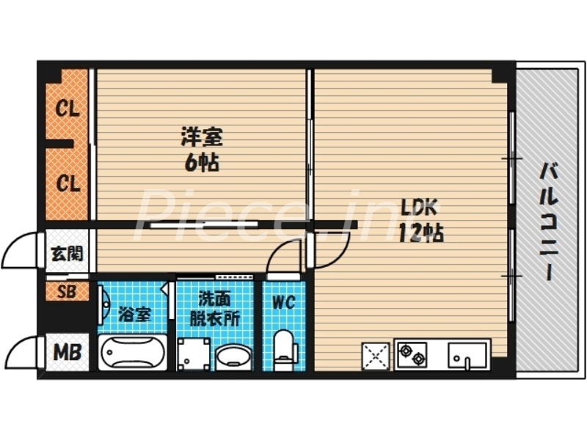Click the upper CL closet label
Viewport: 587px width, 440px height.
(68, 110)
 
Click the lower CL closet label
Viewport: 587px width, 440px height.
(68, 183)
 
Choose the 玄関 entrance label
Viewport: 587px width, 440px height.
(66, 254)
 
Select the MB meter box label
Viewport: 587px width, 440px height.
(68, 353)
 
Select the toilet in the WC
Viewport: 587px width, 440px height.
(283, 351)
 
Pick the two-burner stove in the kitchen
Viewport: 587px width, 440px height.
(412, 354)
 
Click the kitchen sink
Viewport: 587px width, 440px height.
(468, 355)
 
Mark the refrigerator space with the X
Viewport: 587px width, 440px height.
(376, 356)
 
